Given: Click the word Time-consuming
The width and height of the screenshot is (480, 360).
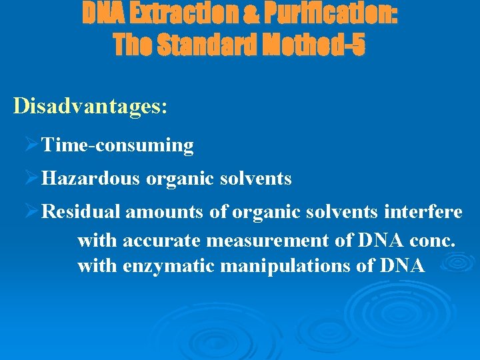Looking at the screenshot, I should coord(117,145).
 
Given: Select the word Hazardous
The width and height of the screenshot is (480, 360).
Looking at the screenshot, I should coord(91,179).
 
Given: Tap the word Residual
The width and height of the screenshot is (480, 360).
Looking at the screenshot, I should coord(81,213).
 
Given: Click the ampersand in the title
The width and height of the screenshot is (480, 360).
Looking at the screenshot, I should coord(246,14).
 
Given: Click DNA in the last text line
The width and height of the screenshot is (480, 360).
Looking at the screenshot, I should coord(403,266).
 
